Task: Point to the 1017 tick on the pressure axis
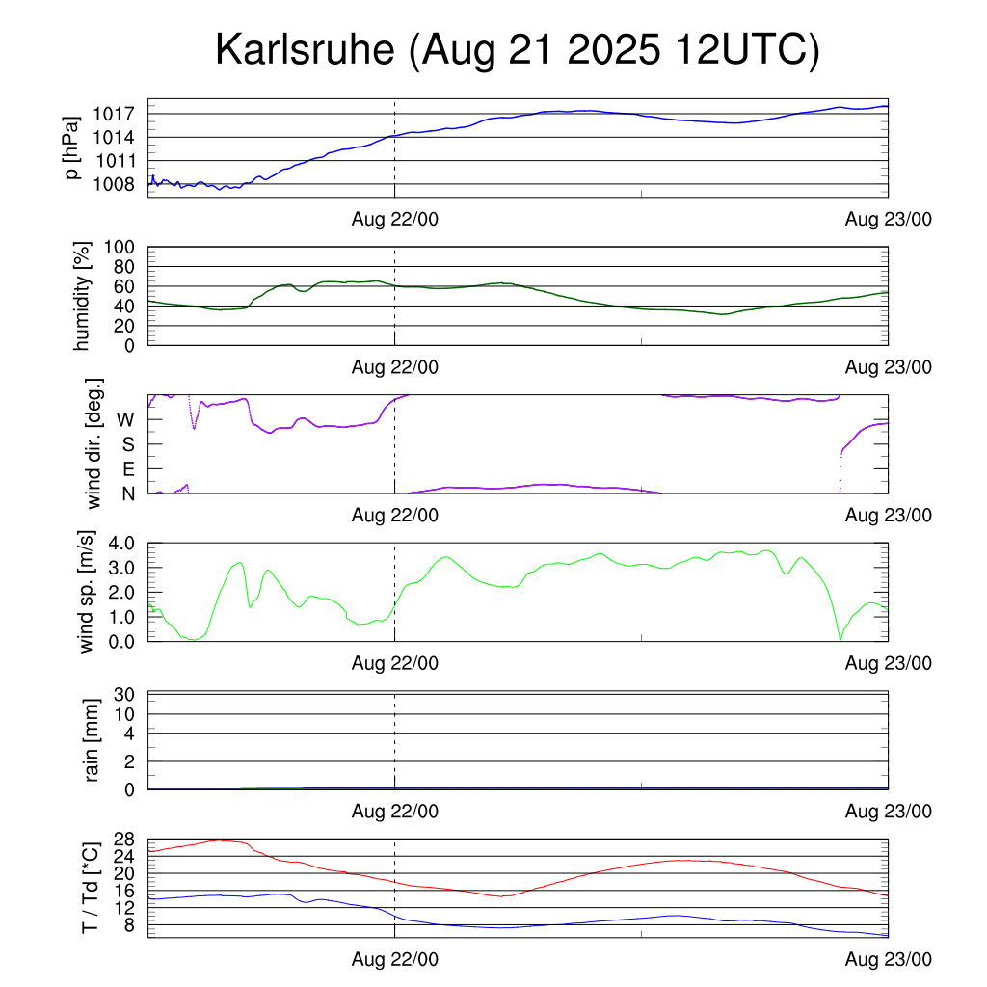click(x=113, y=114)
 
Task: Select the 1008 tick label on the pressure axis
click(x=113, y=184)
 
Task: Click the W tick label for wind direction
click(x=125, y=420)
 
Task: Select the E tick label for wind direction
click(x=127, y=469)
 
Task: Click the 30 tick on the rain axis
click(x=123, y=695)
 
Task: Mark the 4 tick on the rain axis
click(x=128, y=734)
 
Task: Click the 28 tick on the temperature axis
click(x=123, y=839)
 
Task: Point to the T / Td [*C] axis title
click(x=90, y=887)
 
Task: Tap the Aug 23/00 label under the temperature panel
click(x=889, y=959)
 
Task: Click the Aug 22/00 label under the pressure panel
click(x=395, y=220)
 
